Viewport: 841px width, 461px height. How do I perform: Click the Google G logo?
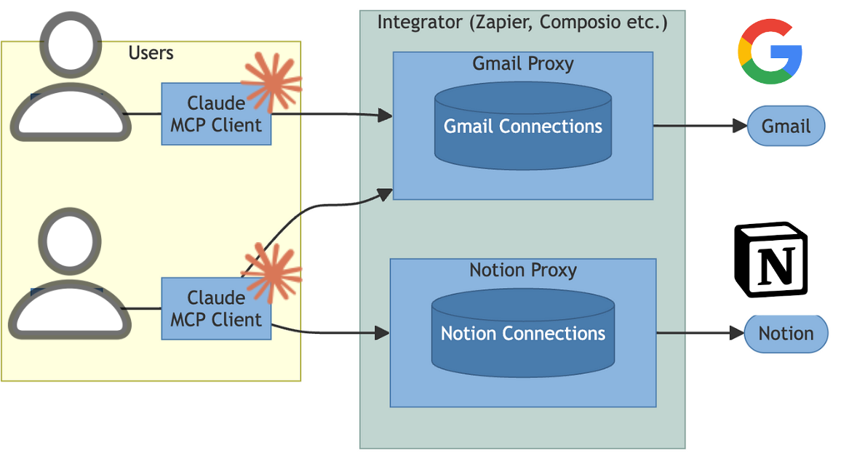click(x=770, y=52)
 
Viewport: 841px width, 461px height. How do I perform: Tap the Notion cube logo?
click(x=770, y=260)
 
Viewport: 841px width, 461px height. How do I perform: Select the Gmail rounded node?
click(x=786, y=126)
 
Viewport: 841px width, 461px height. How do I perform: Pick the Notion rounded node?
click(x=786, y=334)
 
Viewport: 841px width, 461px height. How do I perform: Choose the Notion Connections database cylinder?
click(x=522, y=334)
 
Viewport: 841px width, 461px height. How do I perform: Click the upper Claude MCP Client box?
click(x=216, y=114)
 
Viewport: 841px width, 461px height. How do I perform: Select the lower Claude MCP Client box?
click(x=216, y=309)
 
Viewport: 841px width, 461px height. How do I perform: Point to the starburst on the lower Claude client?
click(x=271, y=273)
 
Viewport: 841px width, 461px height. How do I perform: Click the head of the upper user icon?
click(x=71, y=44)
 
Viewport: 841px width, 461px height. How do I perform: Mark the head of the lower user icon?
click(x=71, y=240)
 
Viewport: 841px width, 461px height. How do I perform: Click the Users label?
click(x=151, y=53)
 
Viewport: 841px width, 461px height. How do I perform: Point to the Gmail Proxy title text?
click(x=522, y=64)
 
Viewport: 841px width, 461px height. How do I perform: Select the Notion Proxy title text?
click(x=522, y=271)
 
